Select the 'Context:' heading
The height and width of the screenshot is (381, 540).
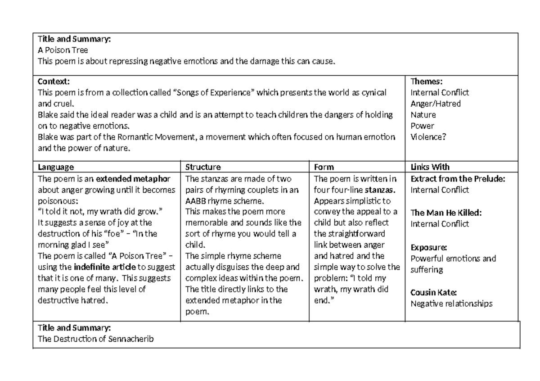click(54, 82)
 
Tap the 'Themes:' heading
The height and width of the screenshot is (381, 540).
click(427, 82)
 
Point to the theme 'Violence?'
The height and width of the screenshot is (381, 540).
click(428, 136)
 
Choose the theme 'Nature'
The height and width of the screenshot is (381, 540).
click(423, 114)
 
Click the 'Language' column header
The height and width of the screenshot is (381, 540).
click(56, 167)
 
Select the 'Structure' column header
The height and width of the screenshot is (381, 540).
click(203, 167)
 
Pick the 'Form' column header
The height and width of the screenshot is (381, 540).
click(324, 167)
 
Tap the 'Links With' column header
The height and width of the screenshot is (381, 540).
click(430, 167)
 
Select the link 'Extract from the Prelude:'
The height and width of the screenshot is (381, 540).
click(458, 178)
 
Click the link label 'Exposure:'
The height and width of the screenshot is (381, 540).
click(428, 247)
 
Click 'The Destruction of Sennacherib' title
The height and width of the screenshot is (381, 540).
click(96, 339)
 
